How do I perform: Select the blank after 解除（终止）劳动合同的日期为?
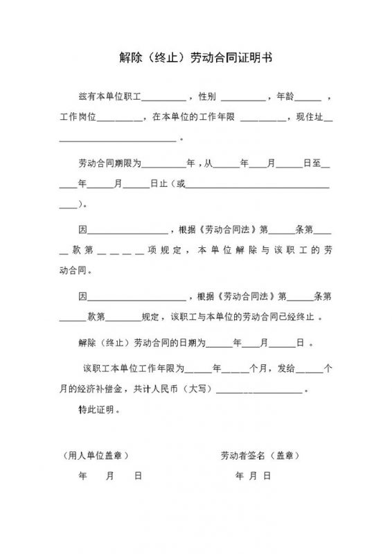tap(219, 344)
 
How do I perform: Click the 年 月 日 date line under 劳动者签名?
tap(253, 476)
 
